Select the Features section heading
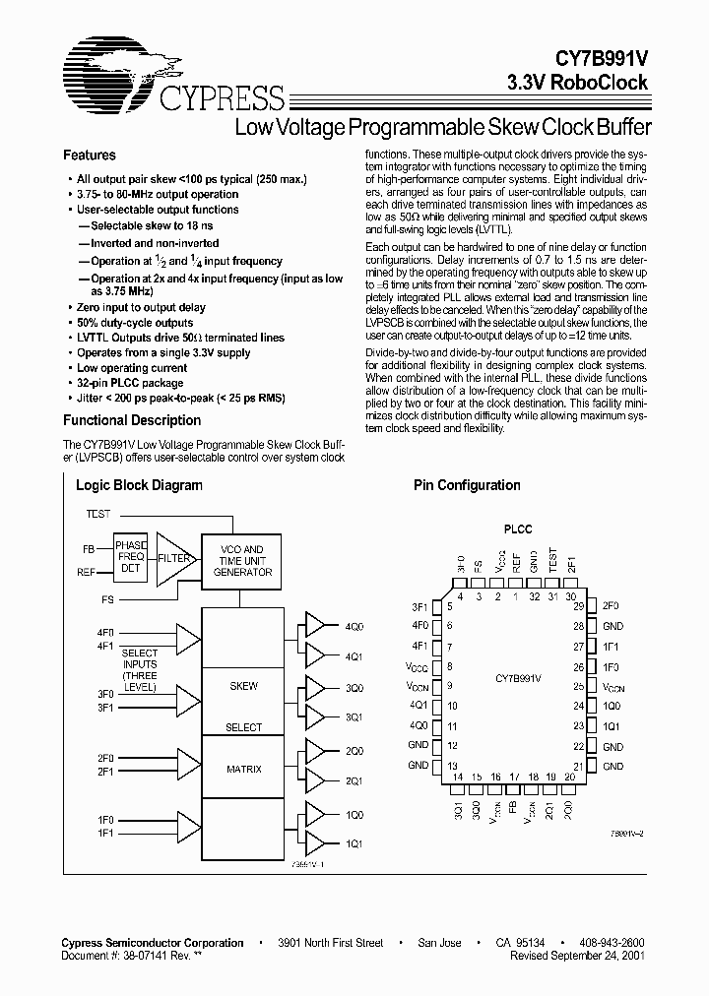click(x=89, y=156)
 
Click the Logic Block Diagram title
click(x=139, y=485)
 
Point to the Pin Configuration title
click(x=467, y=485)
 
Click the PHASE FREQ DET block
click(x=130, y=558)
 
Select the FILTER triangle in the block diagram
click(x=173, y=558)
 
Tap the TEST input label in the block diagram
click(x=98, y=515)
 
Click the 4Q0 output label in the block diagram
click(x=354, y=626)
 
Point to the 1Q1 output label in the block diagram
click(x=354, y=843)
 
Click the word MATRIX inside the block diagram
click(x=244, y=769)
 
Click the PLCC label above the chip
click(x=517, y=529)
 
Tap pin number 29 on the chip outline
click(x=580, y=606)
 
